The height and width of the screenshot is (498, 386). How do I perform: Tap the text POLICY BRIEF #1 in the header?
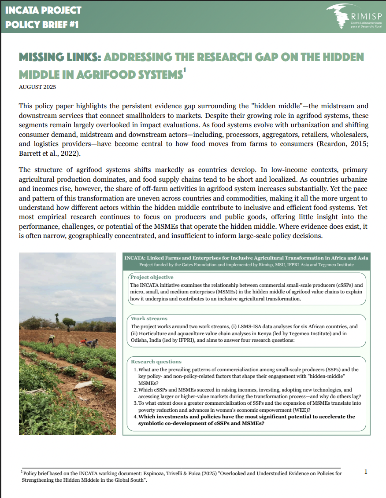42,25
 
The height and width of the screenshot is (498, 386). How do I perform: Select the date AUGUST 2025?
37,87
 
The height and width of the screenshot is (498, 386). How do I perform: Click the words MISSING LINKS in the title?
60,58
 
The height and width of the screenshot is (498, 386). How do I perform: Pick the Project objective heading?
152,277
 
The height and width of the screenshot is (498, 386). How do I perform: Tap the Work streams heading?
149,318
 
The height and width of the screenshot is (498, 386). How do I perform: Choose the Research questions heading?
156,361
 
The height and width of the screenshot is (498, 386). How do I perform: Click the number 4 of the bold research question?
135,417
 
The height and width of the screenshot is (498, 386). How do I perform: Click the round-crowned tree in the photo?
68,322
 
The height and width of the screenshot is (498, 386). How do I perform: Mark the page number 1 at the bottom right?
366,472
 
